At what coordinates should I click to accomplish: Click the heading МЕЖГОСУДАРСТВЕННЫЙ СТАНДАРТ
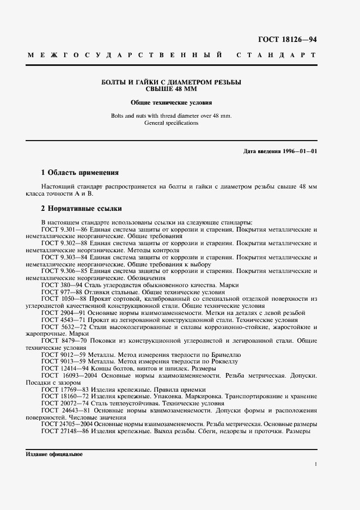point(172,56)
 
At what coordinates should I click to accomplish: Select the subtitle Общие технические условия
point(172,102)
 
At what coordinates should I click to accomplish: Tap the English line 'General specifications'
point(172,123)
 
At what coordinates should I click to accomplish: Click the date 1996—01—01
point(297,150)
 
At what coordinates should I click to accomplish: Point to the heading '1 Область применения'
point(80,173)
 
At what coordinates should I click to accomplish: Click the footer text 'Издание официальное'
point(53,454)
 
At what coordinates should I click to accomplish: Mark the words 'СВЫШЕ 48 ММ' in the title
point(172,88)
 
